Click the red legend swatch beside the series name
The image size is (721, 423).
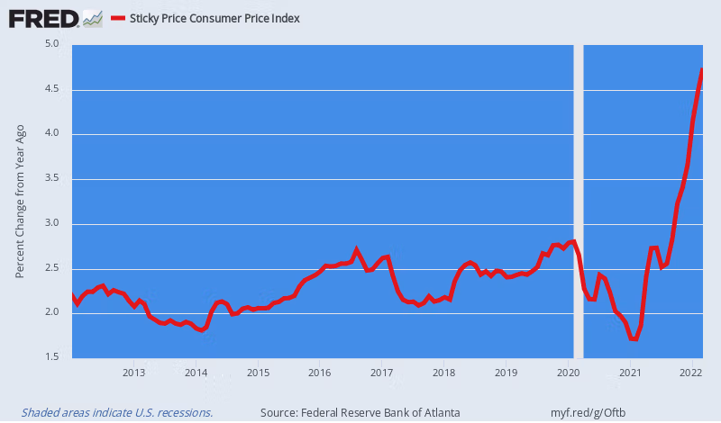click(117, 17)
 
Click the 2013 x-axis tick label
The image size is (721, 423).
click(134, 372)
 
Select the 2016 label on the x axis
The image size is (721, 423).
click(319, 372)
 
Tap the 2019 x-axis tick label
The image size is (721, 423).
click(506, 372)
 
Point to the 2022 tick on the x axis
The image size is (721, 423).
click(691, 372)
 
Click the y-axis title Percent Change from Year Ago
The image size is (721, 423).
click(20, 201)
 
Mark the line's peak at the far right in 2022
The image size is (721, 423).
click(702, 70)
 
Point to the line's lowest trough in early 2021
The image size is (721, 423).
click(634, 338)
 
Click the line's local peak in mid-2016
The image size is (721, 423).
click(357, 249)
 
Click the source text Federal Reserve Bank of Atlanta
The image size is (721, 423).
click(360, 412)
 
